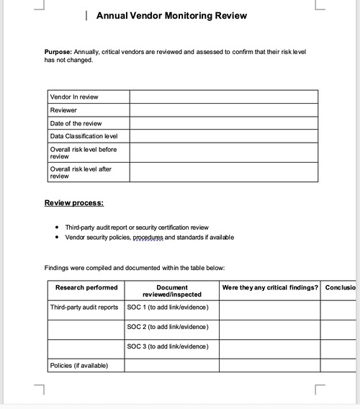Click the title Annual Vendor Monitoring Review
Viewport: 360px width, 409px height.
coord(171,15)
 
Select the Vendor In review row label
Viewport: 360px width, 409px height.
coord(74,96)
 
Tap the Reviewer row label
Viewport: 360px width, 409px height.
coord(63,110)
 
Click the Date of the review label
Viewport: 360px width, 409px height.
coord(76,123)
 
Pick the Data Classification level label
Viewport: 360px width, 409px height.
coord(84,136)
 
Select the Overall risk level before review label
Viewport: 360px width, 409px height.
coord(83,153)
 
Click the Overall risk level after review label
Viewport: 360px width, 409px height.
coord(81,172)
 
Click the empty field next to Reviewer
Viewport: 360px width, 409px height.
coord(223,110)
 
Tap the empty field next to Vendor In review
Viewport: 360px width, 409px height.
coord(223,96)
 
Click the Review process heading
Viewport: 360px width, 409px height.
coord(73,203)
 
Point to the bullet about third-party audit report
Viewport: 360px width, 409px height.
coord(137,227)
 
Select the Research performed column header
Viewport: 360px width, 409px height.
coord(86,287)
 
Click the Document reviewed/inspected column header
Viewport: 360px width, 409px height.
coord(171,291)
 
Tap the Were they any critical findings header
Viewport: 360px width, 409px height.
coord(270,287)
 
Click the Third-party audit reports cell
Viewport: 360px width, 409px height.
coord(84,307)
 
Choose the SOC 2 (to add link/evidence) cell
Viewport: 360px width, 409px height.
coord(168,327)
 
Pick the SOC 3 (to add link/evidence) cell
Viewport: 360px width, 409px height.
coord(168,346)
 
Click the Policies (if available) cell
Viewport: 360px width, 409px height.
coord(79,366)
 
